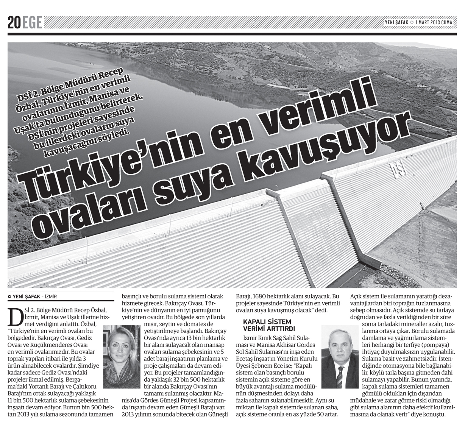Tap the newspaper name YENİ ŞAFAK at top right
pos(396,22)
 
